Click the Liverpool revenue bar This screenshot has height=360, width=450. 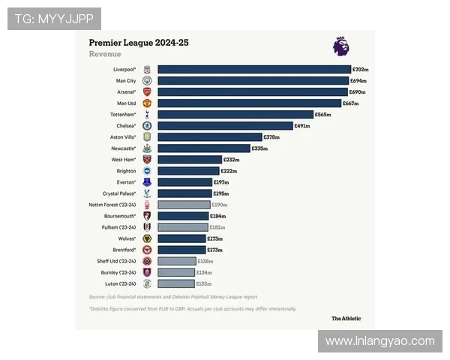[x=254, y=69]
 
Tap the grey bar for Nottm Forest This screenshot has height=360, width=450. [x=184, y=204]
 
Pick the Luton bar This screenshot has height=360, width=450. [x=176, y=283]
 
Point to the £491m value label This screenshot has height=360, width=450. [x=302, y=126]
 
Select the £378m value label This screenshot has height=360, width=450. [x=271, y=137]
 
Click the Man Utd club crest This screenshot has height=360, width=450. [x=147, y=103]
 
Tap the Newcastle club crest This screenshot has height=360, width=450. [x=147, y=148]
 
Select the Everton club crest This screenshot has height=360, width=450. [x=147, y=182]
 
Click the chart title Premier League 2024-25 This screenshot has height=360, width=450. [x=139, y=43]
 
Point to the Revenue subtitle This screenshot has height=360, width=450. [x=105, y=54]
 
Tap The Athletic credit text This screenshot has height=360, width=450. [x=346, y=318]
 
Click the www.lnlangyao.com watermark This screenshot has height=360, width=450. [x=380, y=341]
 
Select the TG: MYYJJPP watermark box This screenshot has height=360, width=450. [x=54, y=19]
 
